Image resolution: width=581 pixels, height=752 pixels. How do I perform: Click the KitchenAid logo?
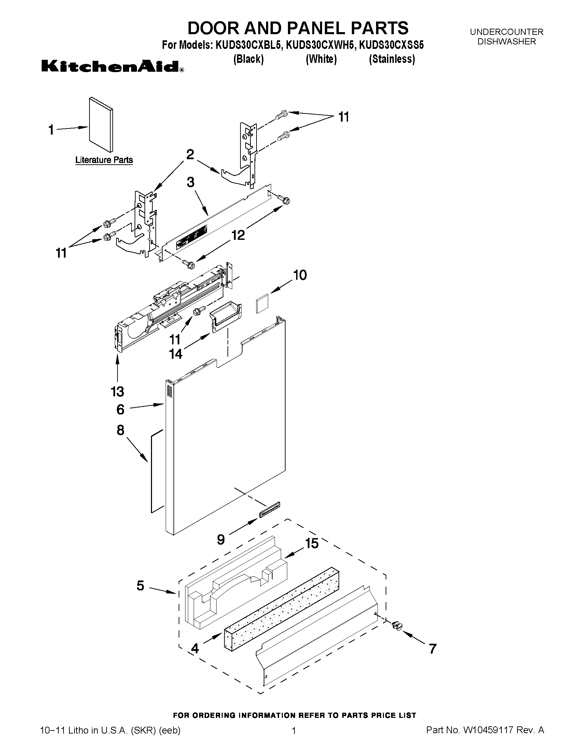(x=112, y=66)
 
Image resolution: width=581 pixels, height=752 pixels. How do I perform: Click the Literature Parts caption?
(x=104, y=160)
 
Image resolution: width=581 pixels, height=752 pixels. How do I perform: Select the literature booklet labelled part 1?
(x=101, y=125)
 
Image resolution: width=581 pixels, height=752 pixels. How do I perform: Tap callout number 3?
(x=191, y=182)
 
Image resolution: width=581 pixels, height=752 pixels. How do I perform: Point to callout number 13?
(x=117, y=392)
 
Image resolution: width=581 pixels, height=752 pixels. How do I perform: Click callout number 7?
(x=433, y=649)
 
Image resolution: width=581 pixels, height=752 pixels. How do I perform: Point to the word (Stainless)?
(x=392, y=59)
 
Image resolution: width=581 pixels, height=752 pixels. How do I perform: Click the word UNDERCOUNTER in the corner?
(x=507, y=32)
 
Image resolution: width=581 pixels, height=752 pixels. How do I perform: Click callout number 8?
(x=121, y=430)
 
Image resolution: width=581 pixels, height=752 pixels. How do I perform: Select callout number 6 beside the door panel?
(x=121, y=409)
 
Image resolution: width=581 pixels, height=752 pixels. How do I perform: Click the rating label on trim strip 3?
(x=192, y=237)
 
